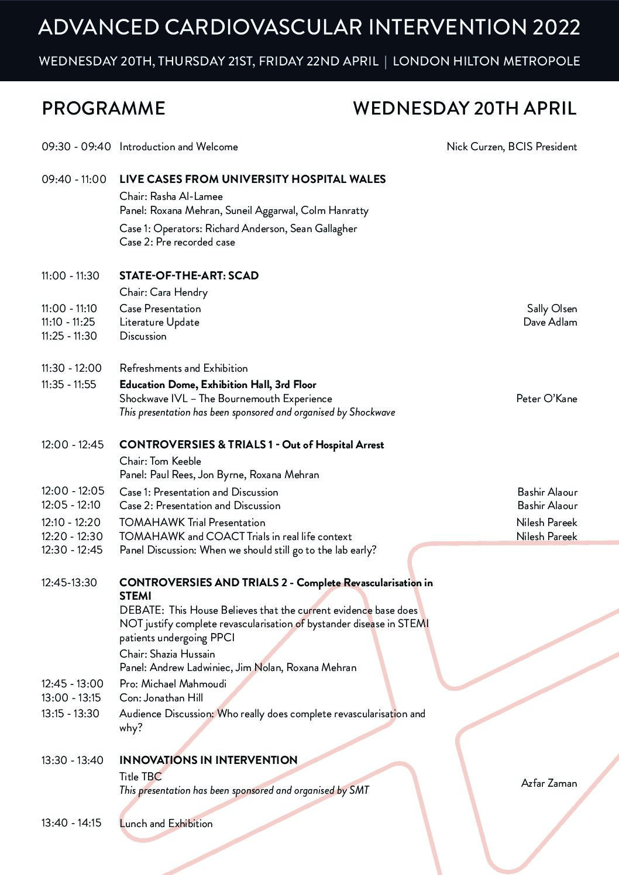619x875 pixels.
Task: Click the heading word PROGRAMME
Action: [104, 108]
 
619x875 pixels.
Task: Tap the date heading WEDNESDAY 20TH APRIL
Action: [465, 108]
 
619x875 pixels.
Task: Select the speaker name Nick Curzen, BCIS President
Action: [511, 147]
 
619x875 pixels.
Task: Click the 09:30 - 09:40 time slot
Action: [76, 147]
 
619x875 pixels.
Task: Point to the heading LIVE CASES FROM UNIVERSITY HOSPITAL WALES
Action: [252, 179]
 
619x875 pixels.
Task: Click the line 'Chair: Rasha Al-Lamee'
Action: [171, 196]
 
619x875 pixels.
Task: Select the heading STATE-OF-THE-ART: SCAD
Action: [188, 276]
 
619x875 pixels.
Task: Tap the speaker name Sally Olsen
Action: [552, 309]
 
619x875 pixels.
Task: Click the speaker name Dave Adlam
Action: [550, 322]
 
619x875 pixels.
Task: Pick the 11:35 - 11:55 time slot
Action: [68, 385]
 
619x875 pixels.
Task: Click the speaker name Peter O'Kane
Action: [546, 399]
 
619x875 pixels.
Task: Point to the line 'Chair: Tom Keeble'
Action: [160, 461]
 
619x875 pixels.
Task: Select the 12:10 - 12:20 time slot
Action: [71, 523]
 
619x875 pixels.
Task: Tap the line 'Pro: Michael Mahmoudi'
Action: [173, 684]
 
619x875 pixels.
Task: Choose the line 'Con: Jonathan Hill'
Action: [161, 698]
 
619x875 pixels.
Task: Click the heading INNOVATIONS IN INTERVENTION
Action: [208, 760]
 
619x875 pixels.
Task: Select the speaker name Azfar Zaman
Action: [549, 783]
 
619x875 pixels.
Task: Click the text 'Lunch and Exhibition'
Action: [166, 824]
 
